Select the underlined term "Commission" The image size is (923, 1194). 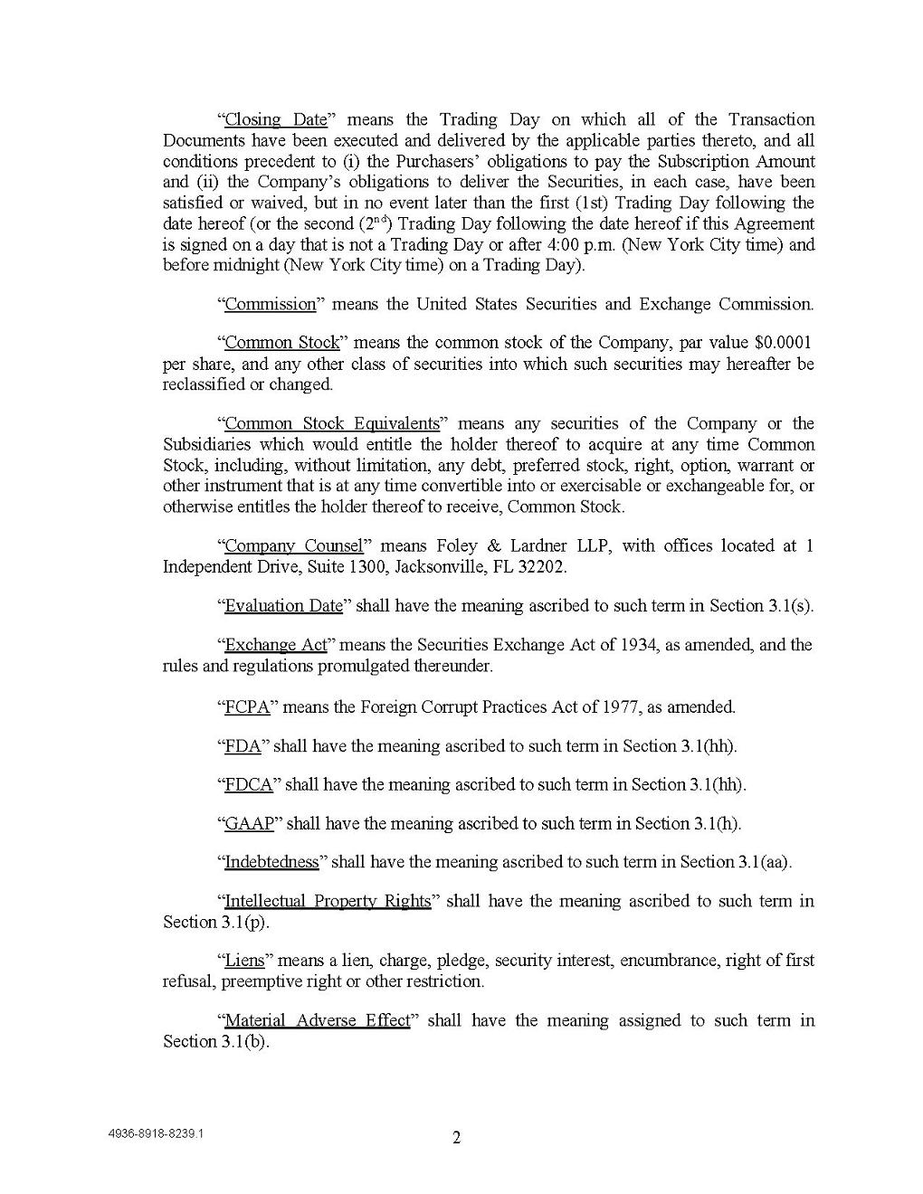click(x=270, y=304)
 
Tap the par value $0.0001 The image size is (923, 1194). click(x=783, y=343)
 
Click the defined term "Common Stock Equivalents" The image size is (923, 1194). click(x=331, y=424)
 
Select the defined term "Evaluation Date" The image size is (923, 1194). click(x=283, y=606)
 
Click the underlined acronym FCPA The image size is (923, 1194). click(x=247, y=707)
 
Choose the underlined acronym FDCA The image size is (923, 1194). click(x=249, y=785)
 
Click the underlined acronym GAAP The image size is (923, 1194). click(x=250, y=824)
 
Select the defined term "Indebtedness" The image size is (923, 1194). click(x=271, y=862)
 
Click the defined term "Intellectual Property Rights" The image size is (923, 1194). click(x=328, y=902)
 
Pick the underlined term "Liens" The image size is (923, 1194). click(x=244, y=961)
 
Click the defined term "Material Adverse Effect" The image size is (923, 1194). click(x=317, y=1021)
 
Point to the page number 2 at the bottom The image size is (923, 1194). click(x=456, y=1138)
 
